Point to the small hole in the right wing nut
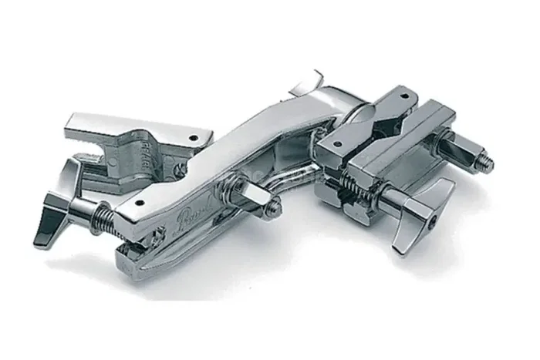[x=435, y=220]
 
